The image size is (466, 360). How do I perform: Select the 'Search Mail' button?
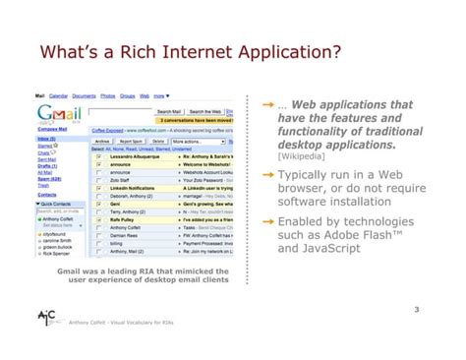click(x=168, y=112)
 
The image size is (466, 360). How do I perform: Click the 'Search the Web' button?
click(x=210, y=112)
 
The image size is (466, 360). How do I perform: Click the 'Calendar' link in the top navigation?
click(x=59, y=96)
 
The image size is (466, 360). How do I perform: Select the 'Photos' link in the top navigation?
click(x=107, y=96)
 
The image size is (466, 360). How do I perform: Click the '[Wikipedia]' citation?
click(x=302, y=156)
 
